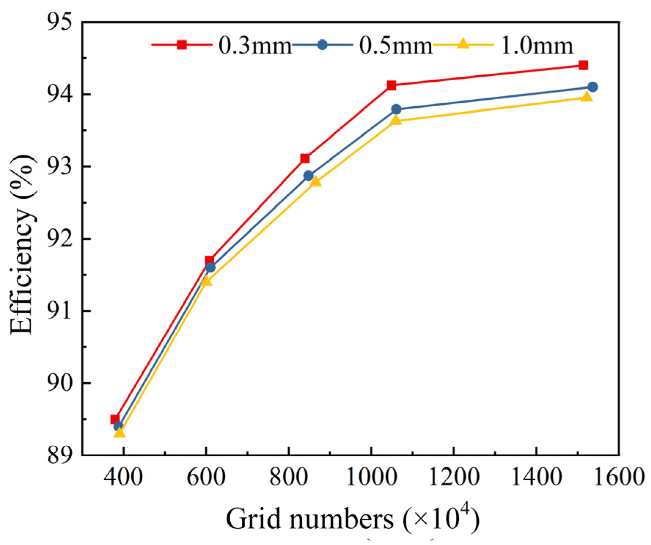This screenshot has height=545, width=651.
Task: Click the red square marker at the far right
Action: coord(583,65)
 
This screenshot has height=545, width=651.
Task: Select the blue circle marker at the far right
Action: coord(592,87)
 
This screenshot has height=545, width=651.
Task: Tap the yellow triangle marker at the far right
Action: coord(587,97)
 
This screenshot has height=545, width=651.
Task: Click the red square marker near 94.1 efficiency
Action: coord(391,85)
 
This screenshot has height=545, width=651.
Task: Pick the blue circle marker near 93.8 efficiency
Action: coord(396,109)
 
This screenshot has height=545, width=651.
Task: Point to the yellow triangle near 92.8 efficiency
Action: coord(315,181)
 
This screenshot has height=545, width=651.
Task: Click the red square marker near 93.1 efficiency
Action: coord(305,158)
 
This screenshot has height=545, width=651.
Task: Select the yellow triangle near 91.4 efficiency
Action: coord(206,281)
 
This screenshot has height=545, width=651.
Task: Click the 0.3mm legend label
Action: coord(255,46)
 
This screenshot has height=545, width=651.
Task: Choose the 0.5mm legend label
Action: coord(396,46)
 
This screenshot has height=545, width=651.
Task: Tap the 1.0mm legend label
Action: coord(537,46)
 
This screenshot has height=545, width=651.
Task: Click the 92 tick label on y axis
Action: coord(59,239)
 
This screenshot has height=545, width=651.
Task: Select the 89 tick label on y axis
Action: coord(59,456)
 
